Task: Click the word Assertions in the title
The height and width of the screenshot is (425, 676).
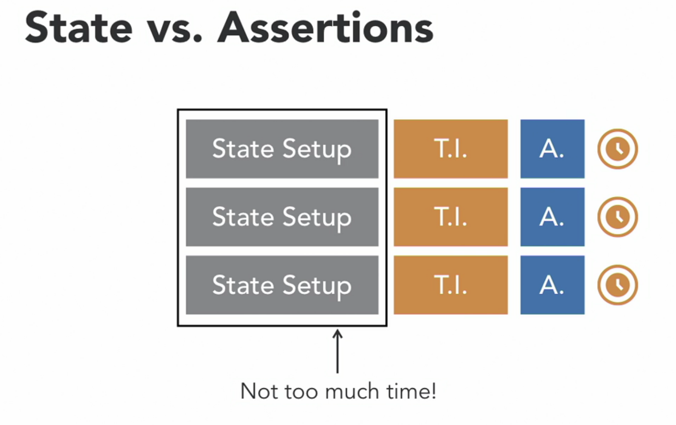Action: click(x=325, y=28)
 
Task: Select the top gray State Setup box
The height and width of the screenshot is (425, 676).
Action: click(x=282, y=149)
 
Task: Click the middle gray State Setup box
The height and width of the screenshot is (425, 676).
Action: click(x=282, y=217)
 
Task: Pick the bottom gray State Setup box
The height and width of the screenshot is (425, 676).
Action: click(x=282, y=285)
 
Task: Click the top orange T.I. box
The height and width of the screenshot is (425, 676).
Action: click(x=451, y=149)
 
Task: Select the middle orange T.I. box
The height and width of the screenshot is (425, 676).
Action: click(x=451, y=217)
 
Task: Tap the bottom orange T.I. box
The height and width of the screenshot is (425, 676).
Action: click(x=451, y=285)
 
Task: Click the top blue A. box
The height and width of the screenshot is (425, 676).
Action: click(x=552, y=149)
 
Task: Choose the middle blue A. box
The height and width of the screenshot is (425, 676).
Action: click(x=552, y=217)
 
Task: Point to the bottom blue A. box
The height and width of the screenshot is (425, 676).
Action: click(x=552, y=285)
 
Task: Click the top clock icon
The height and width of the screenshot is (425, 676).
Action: click(x=617, y=149)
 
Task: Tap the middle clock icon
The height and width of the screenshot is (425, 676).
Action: click(x=617, y=217)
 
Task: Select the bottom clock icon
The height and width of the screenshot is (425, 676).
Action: click(x=617, y=285)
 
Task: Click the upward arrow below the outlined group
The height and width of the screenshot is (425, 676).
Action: click(x=338, y=351)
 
